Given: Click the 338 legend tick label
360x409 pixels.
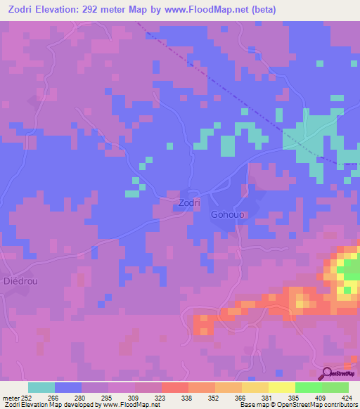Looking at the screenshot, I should tap(187, 397).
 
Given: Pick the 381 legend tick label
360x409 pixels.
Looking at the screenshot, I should tap(267, 397).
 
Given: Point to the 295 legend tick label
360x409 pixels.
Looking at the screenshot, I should tap(107, 397).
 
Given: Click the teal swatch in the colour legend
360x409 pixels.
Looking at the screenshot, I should tap(41, 387).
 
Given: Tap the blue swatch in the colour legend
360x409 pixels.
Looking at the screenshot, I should tap(68, 387).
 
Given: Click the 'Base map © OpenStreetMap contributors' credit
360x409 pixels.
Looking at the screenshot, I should tap(299, 405).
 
